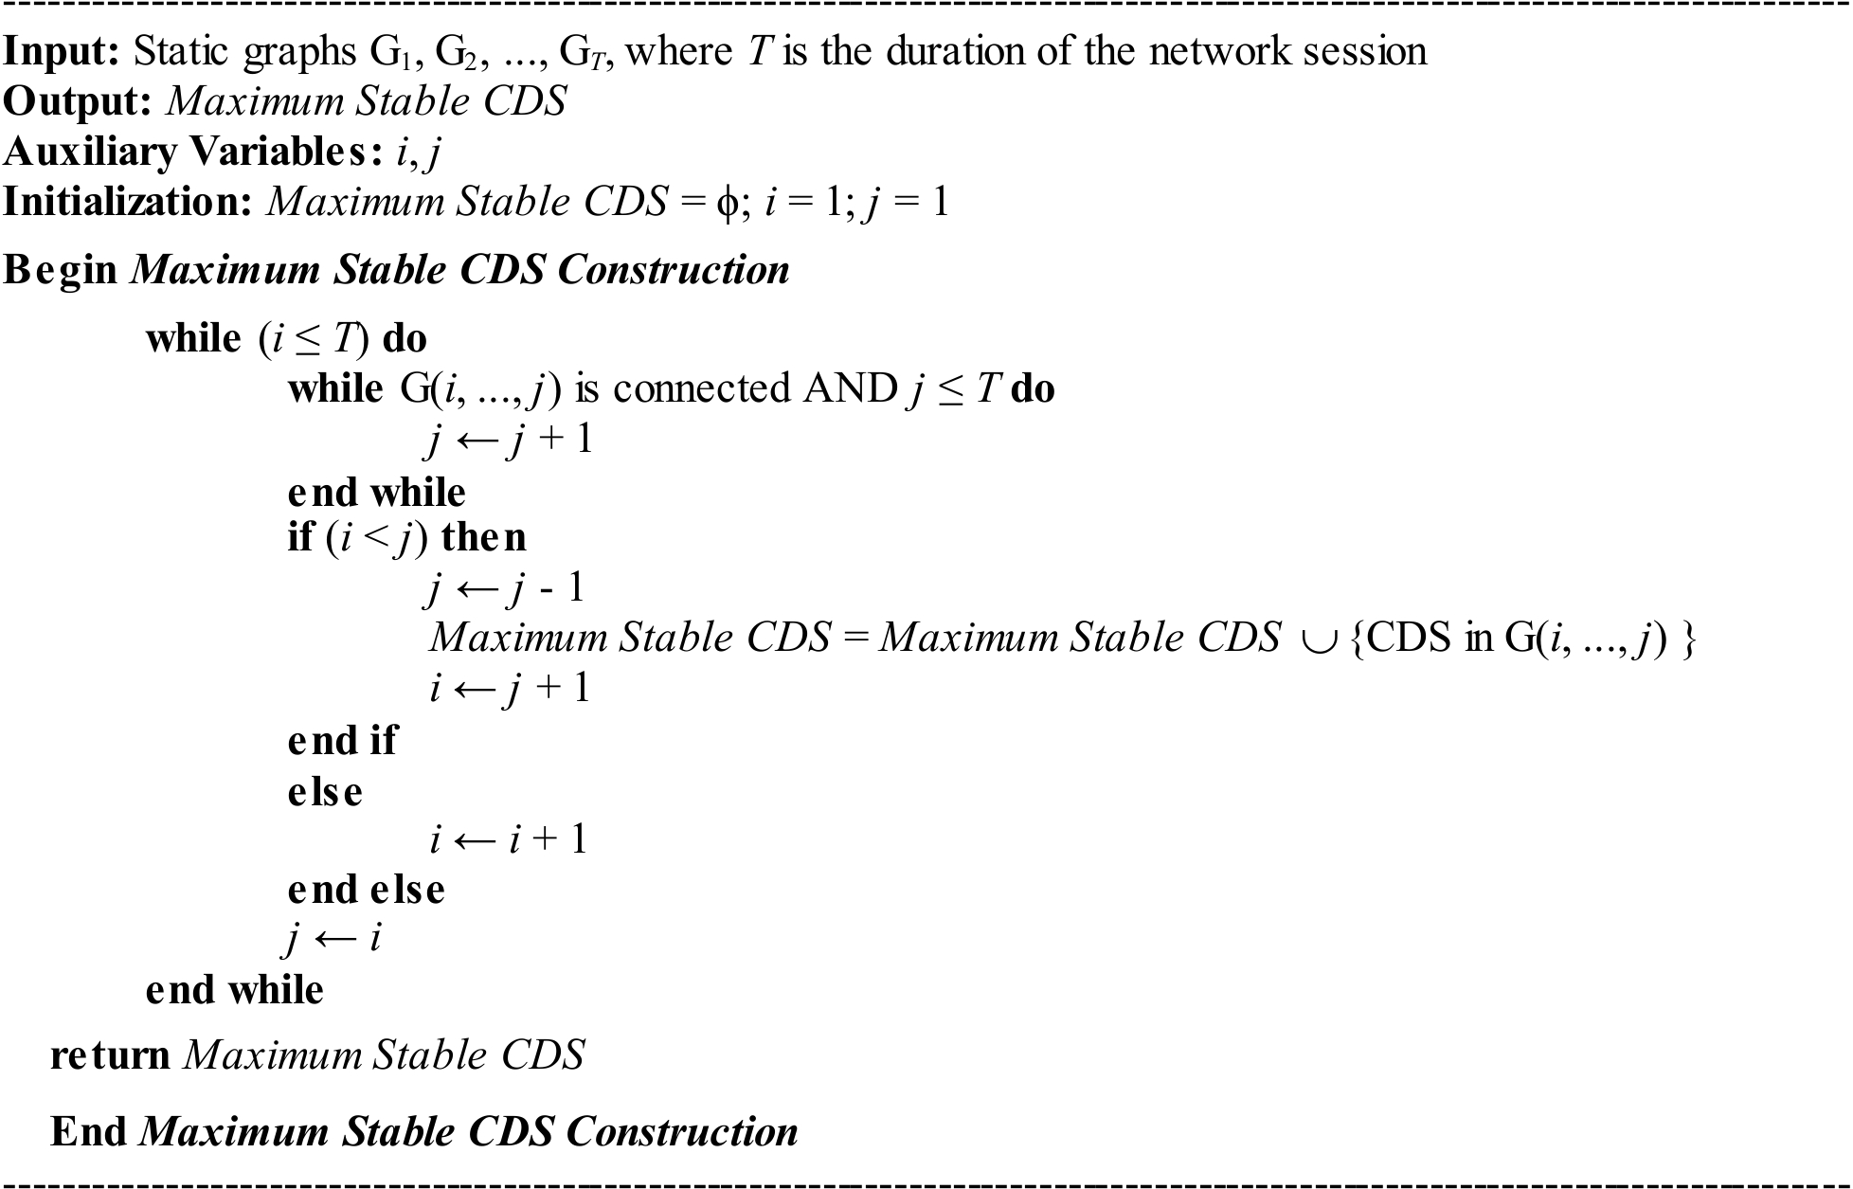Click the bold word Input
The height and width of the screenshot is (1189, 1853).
point(62,51)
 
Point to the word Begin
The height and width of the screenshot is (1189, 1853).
point(61,271)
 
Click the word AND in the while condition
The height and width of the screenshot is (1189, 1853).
point(849,388)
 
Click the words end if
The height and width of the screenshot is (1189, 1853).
point(342,740)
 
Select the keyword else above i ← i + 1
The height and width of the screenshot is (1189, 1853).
point(325,791)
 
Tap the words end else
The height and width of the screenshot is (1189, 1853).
point(366,890)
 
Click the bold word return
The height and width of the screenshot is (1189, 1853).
point(110,1054)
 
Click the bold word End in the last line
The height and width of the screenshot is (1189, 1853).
point(88,1131)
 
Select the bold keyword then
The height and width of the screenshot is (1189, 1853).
point(483,538)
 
